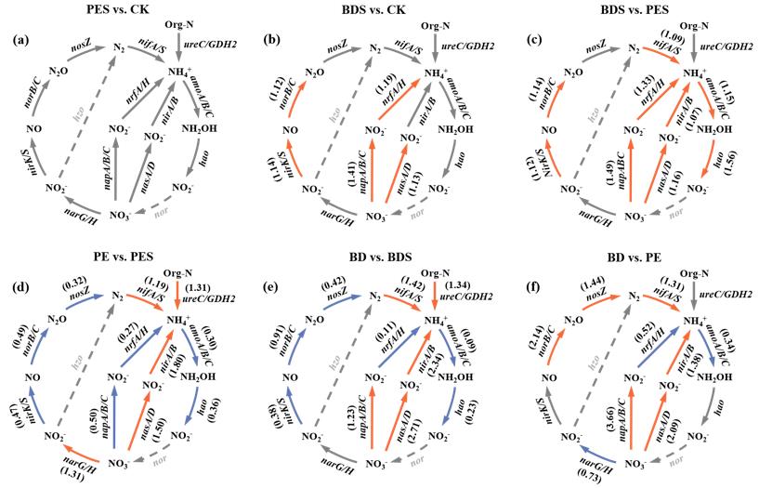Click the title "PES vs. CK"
pos(120,12)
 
